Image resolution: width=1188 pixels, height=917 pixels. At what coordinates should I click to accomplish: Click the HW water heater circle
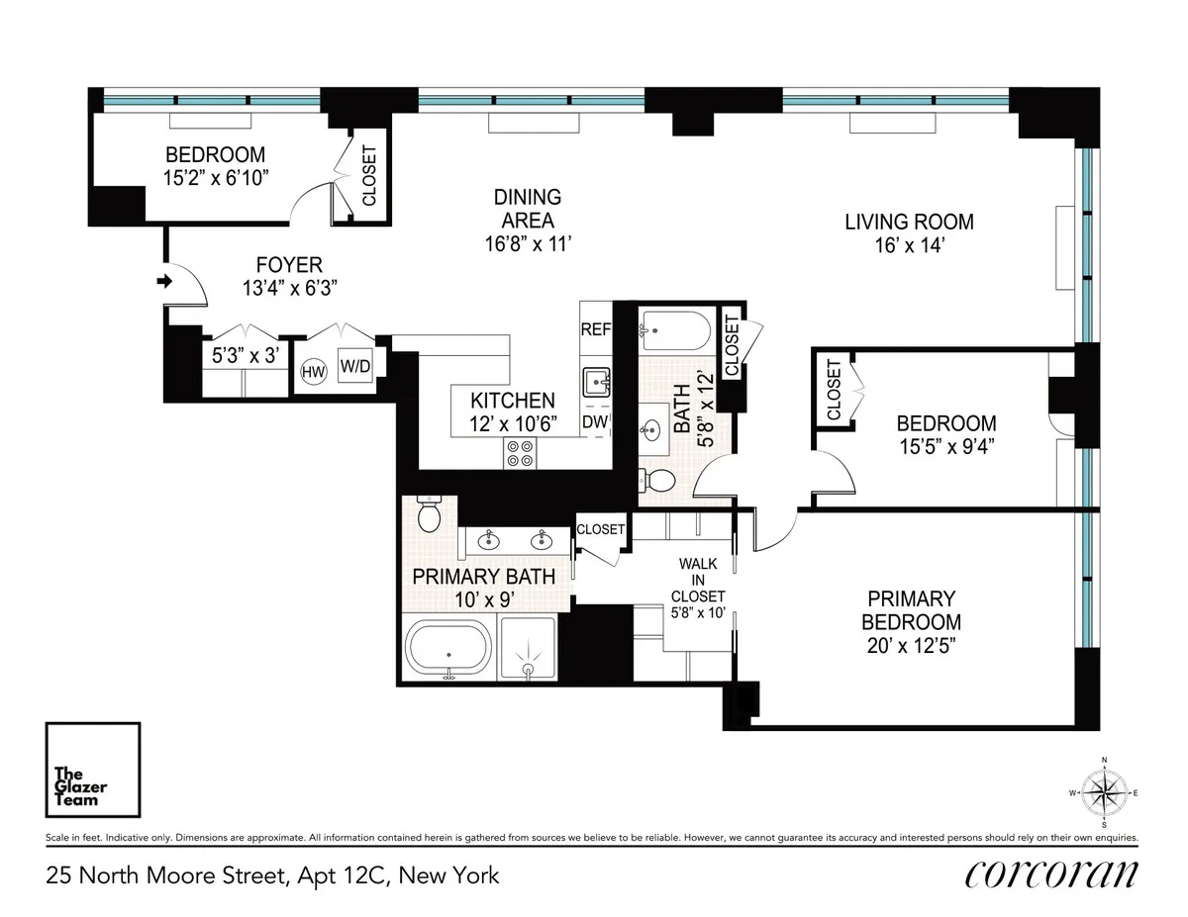(x=313, y=371)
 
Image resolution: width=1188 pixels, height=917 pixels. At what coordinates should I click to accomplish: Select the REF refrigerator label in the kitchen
(x=596, y=330)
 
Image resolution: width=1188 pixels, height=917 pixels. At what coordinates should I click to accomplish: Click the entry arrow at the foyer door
(x=163, y=283)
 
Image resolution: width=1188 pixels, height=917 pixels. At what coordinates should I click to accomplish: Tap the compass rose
(x=1104, y=791)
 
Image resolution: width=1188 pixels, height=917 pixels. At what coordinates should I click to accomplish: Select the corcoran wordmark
(x=1050, y=874)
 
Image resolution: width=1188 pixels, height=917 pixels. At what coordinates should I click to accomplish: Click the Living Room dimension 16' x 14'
(x=909, y=246)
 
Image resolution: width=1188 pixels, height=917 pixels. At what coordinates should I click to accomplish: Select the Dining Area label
(x=527, y=209)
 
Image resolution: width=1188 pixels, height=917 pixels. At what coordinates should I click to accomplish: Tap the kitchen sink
(x=597, y=380)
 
